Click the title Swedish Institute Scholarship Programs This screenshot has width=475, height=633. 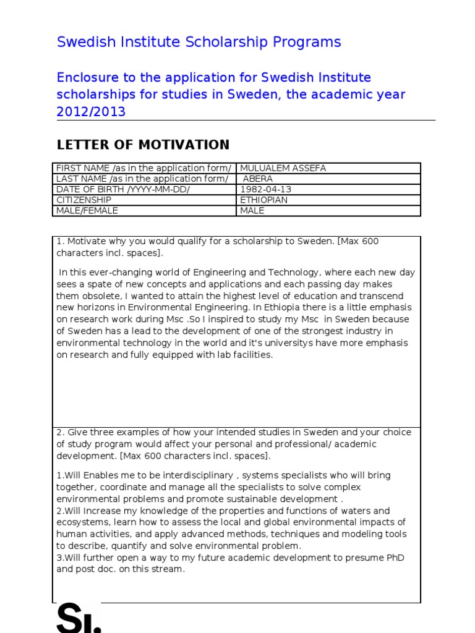199,42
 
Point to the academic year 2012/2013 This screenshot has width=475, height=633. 91,112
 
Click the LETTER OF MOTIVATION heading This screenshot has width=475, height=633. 143,145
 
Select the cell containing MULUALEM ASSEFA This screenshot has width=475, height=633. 283,168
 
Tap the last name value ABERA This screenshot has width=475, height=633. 259,179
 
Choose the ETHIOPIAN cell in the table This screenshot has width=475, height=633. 263,200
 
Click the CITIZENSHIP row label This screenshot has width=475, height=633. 83,200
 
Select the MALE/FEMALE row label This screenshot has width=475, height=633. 87,211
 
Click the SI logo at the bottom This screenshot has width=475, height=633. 79,618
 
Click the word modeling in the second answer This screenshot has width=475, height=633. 366,534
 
